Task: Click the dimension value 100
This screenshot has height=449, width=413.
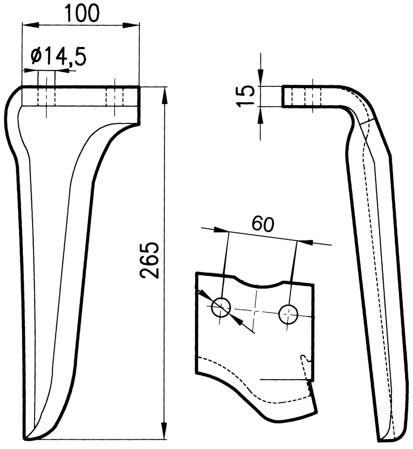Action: point(82,13)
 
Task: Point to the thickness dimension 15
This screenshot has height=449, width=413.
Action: point(246,96)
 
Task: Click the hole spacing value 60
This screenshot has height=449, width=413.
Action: point(263,224)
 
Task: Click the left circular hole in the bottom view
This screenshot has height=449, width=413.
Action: point(221,307)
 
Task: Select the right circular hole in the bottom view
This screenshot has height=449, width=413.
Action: point(288,314)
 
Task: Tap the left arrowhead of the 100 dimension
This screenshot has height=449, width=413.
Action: point(30,25)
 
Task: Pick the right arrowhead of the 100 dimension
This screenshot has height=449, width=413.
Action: point(131,25)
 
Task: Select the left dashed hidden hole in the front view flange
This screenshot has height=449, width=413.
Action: point(46,96)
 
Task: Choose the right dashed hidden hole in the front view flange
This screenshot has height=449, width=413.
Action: point(114,96)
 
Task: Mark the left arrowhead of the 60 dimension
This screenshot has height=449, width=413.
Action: point(221,230)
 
